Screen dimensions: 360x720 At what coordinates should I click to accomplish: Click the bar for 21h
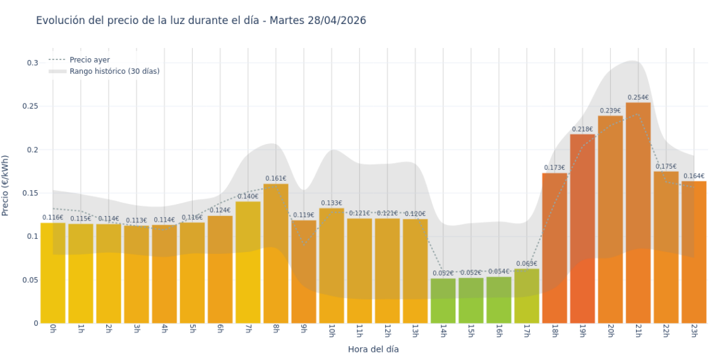pyautogui.click(x=638, y=215)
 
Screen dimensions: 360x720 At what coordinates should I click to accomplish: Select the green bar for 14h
pyautogui.click(x=443, y=301)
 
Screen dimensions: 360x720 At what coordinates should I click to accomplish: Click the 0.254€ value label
pyautogui.click(x=638, y=97)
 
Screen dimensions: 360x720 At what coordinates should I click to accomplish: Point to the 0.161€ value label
pyautogui.click(x=276, y=178)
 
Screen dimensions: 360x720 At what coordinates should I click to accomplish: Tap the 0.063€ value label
pyautogui.click(x=526, y=263)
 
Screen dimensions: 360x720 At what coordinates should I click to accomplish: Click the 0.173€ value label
pyautogui.click(x=555, y=167)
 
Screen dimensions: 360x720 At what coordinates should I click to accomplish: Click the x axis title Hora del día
pyautogui.click(x=373, y=349)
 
